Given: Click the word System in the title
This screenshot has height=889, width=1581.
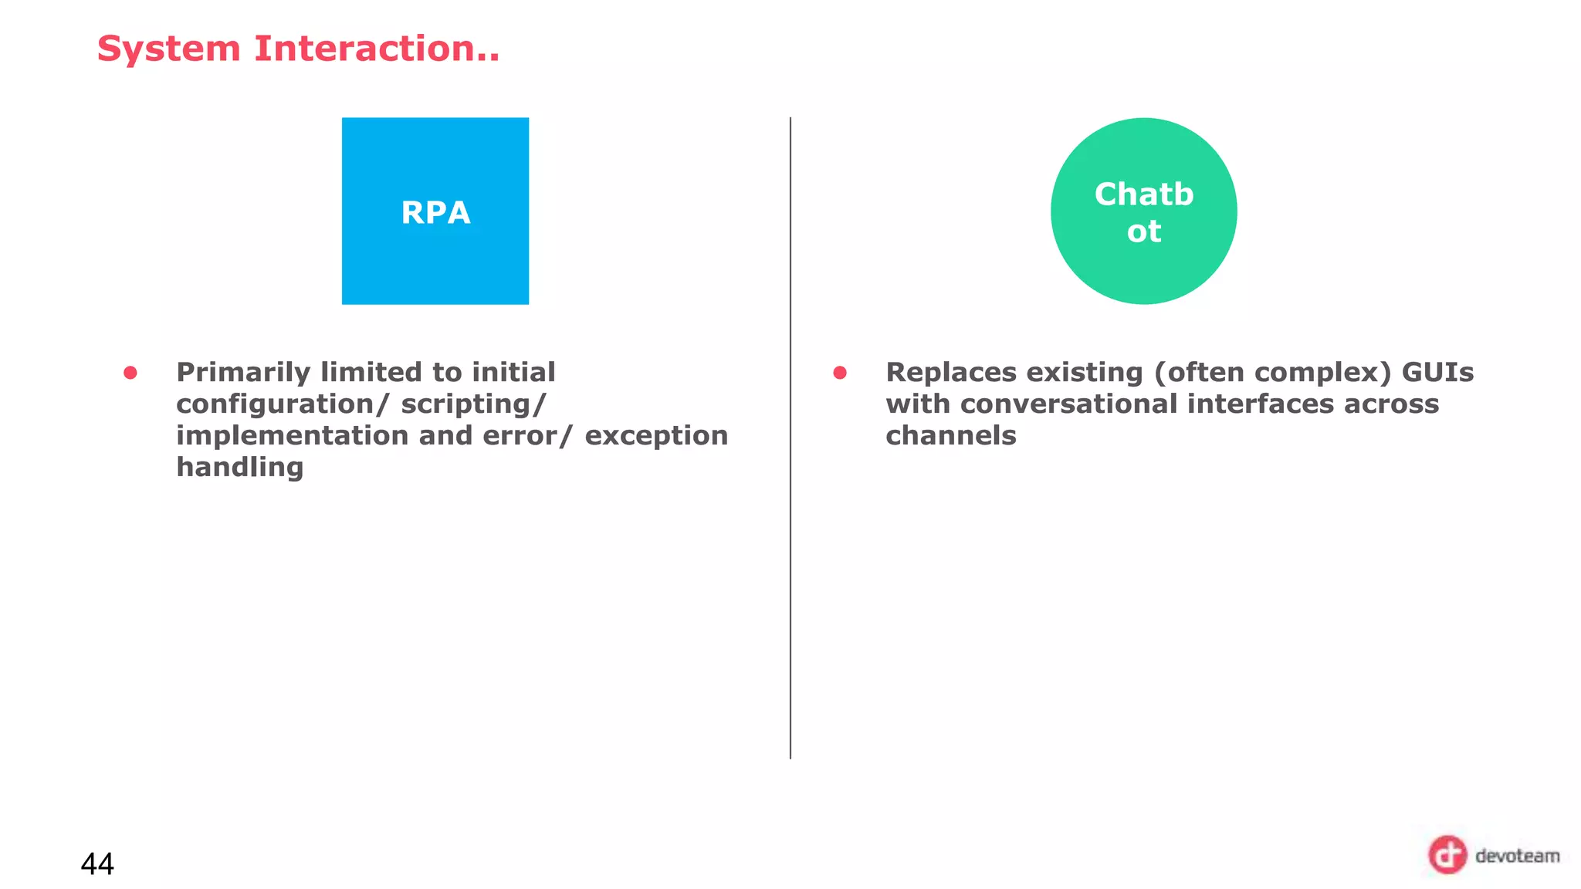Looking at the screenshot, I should click(168, 49).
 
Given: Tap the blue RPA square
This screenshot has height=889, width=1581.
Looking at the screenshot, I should click(435, 211).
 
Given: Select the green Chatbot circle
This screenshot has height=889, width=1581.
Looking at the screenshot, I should click(1143, 211).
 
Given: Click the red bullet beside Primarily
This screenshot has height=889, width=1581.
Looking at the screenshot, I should click(130, 374).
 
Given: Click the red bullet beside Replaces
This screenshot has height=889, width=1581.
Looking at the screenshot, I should click(840, 374).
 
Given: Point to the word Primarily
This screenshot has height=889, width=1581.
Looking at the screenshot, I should click(242, 374).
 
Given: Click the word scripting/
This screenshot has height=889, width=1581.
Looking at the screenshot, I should click(473, 404).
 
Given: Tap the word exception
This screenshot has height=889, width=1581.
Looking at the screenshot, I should click(656, 436).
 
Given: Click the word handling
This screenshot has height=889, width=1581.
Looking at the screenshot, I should click(240, 468).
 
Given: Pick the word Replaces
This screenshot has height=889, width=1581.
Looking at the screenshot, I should click(950, 373).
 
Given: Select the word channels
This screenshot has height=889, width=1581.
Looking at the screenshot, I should click(950, 436).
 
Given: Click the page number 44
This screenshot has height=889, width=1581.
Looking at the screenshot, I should click(97, 864).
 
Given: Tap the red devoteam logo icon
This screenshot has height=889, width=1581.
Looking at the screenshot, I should click(1447, 855).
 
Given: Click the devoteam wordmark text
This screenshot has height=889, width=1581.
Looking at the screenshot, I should click(1517, 856).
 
